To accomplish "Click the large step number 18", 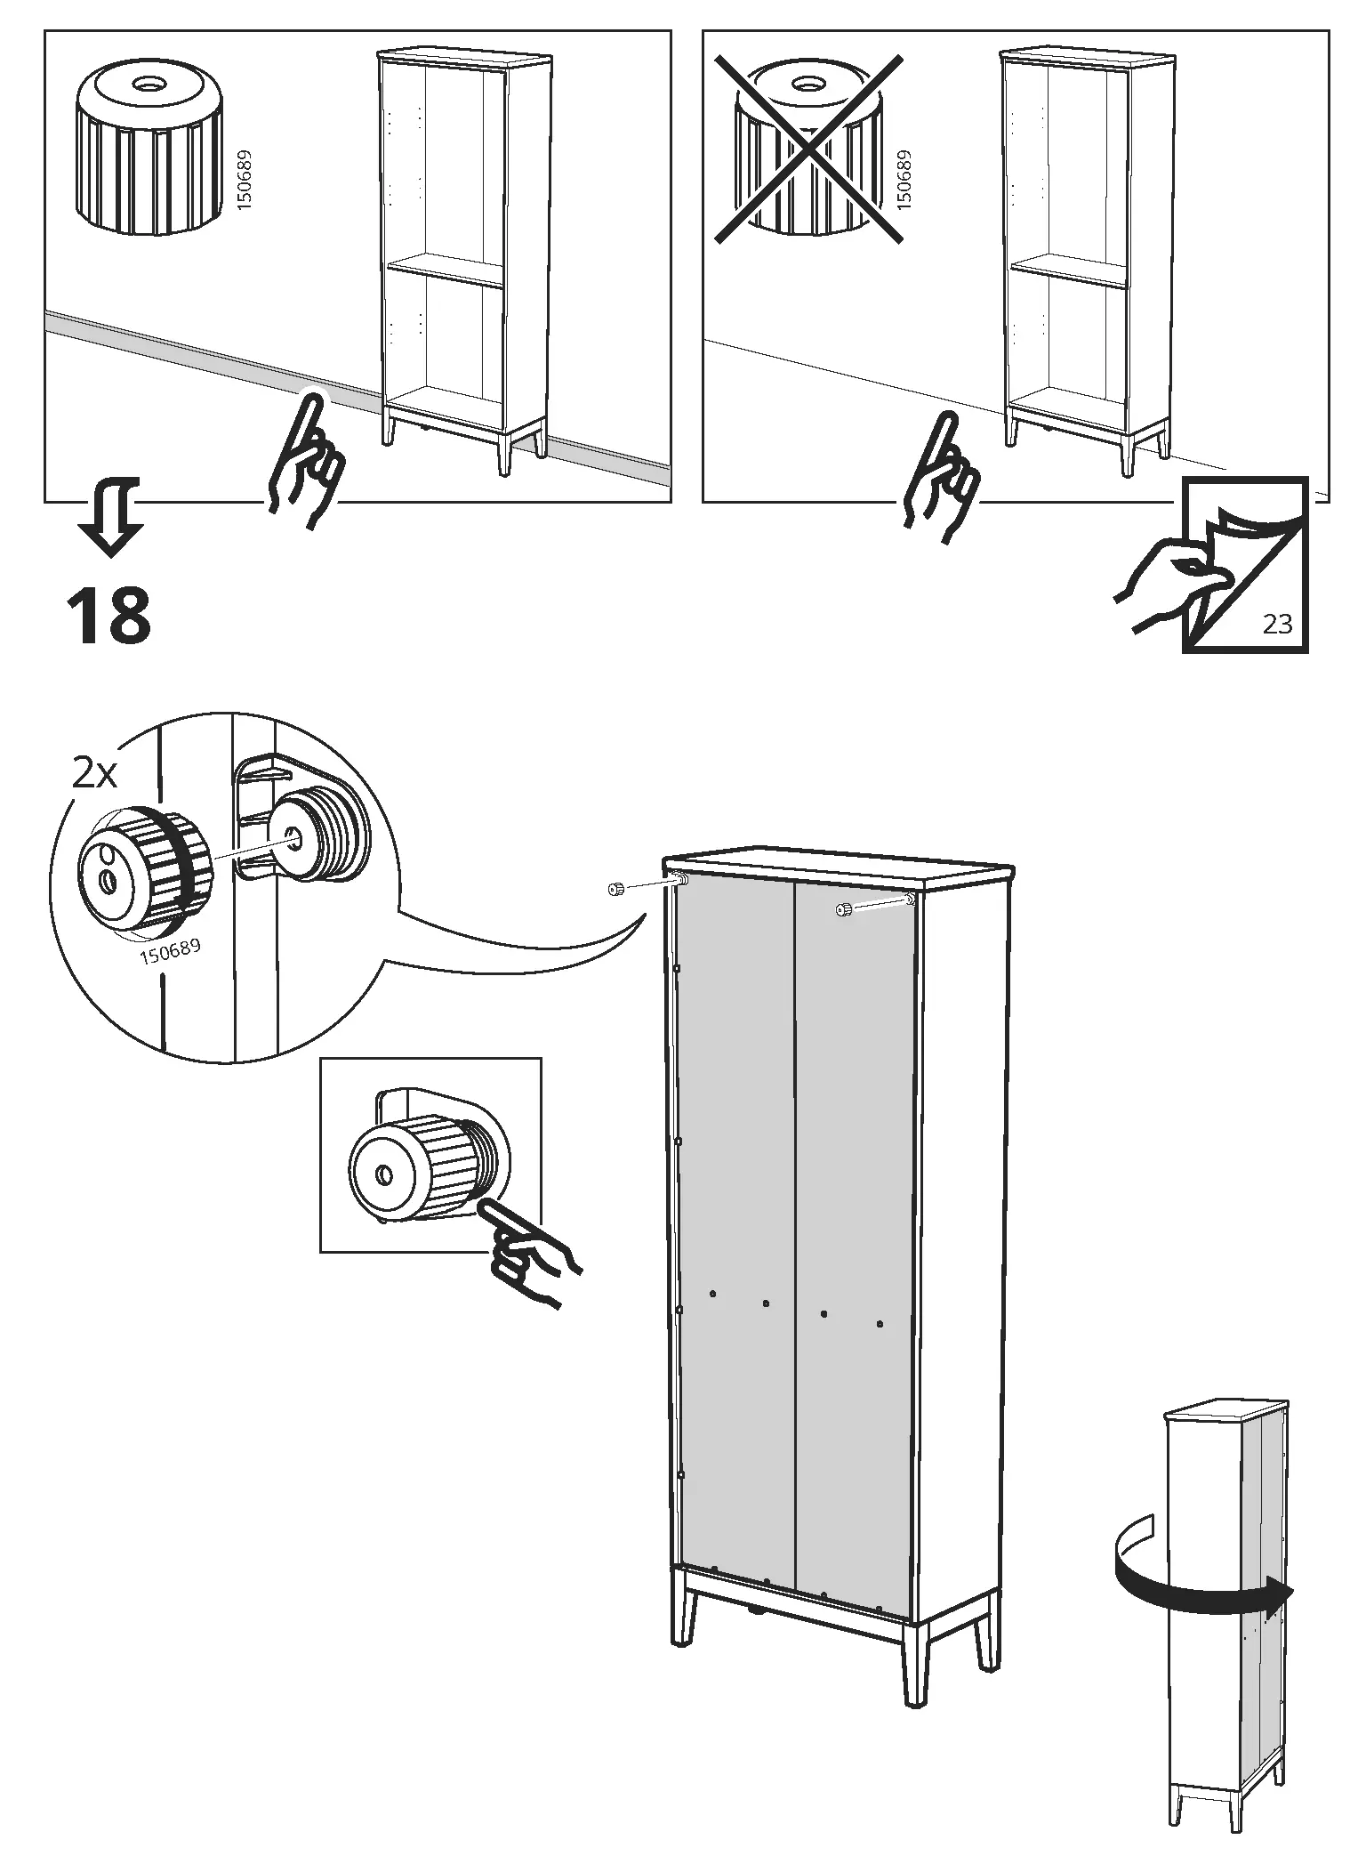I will [108, 616].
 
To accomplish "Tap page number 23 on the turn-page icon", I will [1277, 625].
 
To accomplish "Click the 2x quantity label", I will [94, 774].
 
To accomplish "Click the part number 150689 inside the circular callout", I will [170, 953].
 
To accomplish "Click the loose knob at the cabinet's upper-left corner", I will [614, 890].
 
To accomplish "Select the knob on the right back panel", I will [843, 908].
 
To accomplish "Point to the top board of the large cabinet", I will [836, 866].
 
